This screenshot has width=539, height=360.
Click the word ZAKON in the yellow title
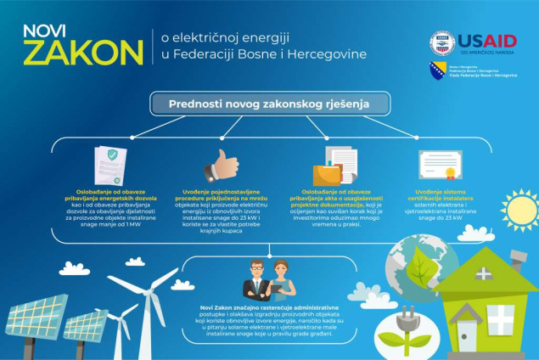(x=83, y=52)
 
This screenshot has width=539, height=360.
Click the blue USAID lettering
(x=487, y=42)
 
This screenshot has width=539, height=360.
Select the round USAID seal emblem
(x=441, y=42)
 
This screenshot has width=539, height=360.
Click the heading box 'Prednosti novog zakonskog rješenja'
(x=269, y=104)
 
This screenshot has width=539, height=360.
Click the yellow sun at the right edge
(x=519, y=209)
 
